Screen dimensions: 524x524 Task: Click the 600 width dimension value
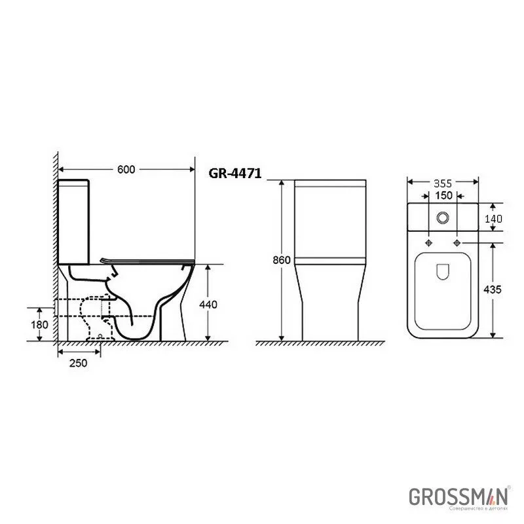click(126, 169)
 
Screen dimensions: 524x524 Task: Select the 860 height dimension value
click(281, 260)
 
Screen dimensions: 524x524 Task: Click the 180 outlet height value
click(40, 325)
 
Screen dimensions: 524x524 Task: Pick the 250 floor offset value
click(79, 364)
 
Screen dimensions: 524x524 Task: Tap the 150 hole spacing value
click(443, 196)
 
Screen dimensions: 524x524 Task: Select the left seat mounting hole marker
click(429, 244)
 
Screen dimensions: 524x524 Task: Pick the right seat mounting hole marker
click(457, 244)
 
